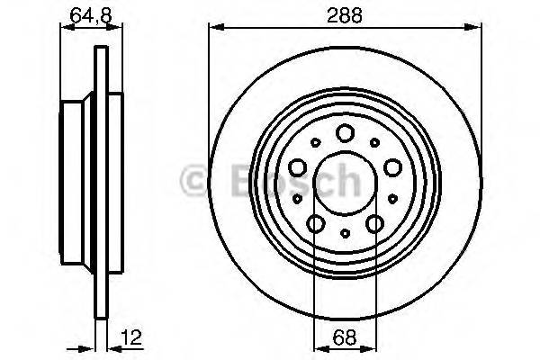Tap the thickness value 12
133,338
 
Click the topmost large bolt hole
346,133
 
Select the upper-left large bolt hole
299,167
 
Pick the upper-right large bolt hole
392,167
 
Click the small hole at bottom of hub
346,233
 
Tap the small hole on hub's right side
395,198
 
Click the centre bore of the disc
346,183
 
